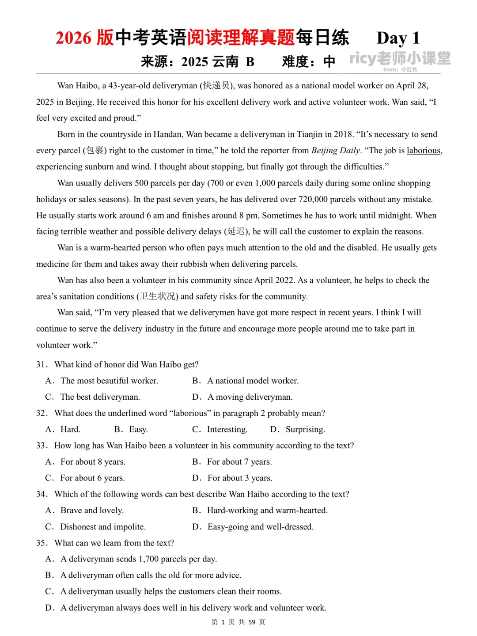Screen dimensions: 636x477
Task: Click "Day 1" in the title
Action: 398,38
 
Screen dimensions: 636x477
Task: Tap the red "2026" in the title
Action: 73,38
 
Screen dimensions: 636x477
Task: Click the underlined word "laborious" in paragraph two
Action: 424,151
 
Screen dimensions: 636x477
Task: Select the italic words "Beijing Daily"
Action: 336,151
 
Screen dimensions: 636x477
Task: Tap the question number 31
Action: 42,365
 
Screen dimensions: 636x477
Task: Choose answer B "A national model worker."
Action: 253,381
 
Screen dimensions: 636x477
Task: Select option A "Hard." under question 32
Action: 70,429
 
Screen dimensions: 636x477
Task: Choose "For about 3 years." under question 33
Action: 240,478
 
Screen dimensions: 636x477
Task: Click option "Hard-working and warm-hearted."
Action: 267,511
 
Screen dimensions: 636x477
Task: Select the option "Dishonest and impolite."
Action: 103,527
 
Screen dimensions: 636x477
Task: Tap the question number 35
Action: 42,543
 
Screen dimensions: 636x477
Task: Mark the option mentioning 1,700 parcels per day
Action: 138,559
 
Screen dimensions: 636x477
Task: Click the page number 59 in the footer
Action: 252,622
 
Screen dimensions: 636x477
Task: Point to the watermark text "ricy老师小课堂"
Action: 400,58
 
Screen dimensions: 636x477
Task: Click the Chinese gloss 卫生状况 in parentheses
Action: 157,296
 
